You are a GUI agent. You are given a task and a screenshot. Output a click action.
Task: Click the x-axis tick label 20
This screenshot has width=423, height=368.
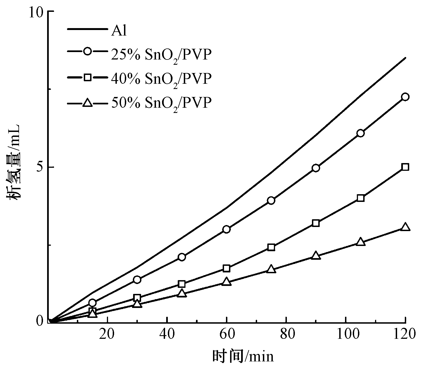click(107, 335)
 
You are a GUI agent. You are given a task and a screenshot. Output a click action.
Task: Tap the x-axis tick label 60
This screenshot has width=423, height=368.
click(226, 335)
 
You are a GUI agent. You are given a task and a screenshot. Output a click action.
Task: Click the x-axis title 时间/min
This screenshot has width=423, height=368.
click(243, 356)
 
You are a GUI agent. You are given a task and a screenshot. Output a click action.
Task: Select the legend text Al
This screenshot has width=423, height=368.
click(119, 31)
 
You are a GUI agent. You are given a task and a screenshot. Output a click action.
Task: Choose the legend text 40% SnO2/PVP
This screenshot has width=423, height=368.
click(161, 79)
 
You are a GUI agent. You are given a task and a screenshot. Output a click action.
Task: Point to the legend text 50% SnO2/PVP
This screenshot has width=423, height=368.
click(161, 103)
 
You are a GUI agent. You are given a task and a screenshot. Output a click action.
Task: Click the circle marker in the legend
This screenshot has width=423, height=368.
click(88, 52)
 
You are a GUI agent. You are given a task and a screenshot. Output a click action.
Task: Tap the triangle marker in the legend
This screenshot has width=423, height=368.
click(88, 103)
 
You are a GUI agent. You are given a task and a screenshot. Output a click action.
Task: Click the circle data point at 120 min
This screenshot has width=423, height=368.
click(405, 97)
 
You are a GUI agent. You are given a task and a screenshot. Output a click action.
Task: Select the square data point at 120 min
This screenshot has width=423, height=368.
click(405, 167)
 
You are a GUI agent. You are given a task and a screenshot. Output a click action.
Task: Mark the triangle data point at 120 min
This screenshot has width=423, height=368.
click(405, 227)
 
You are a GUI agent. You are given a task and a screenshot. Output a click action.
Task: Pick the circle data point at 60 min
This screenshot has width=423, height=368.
click(226, 229)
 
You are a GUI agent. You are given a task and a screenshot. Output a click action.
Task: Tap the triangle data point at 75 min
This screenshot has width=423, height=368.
click(271, 269)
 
